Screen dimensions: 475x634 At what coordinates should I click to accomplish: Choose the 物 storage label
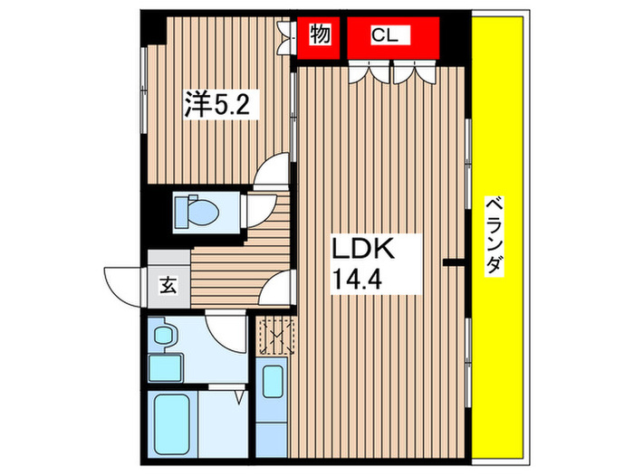pyautogui.click(x=319, y=35)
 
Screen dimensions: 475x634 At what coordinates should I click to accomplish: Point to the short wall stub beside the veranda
pyautogui.click(x=455, y=263)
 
